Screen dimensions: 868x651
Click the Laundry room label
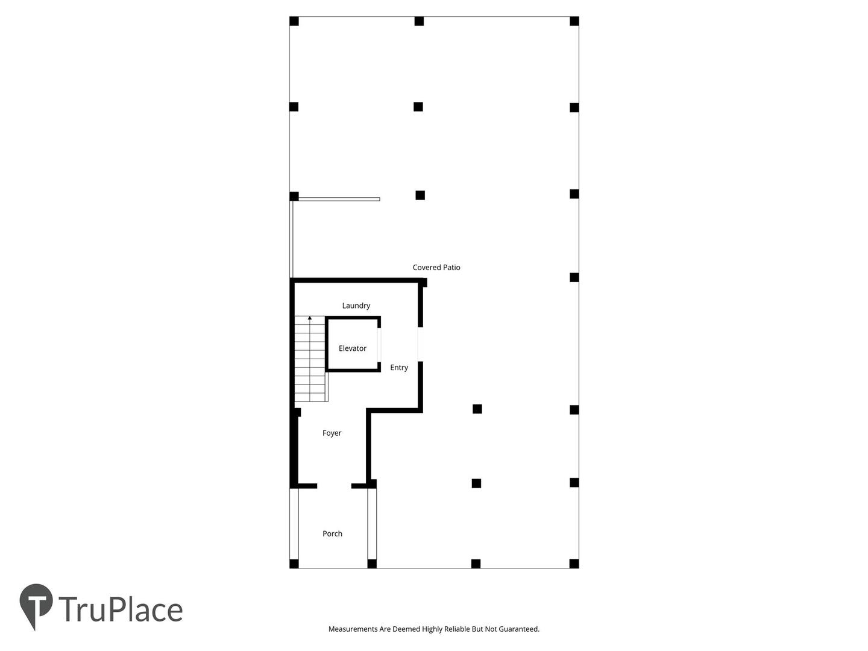356,306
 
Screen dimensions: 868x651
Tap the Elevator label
353,348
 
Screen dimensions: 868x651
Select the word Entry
399,368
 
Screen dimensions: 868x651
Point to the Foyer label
332,433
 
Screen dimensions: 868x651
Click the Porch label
332,533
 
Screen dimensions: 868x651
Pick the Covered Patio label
436,268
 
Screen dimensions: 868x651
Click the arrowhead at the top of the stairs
310,318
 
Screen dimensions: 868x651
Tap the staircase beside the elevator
311,359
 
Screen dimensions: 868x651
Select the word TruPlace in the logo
121,609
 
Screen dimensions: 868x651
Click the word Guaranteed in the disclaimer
518,629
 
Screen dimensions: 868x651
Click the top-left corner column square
294,21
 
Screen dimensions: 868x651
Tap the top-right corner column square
574,21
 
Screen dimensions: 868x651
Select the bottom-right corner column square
574,564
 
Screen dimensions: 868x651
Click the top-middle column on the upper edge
419,21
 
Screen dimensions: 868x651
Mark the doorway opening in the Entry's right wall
420,344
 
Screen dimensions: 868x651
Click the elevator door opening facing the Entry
379,345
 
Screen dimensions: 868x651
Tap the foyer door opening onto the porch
334,486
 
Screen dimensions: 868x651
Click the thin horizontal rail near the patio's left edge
339,199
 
